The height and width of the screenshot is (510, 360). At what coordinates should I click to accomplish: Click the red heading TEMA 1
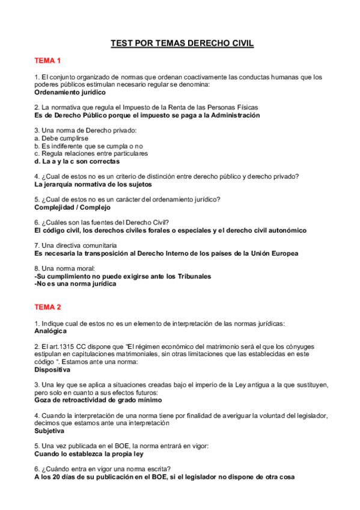47,61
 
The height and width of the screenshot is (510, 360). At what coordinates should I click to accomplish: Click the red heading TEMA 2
47,307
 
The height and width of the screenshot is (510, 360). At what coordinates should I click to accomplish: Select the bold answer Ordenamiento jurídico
70,93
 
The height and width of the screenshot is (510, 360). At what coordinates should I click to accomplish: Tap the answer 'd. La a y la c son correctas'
77,161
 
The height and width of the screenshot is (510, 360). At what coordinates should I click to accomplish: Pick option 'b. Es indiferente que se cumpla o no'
88,146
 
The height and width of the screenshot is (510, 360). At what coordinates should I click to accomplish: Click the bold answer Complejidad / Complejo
73,207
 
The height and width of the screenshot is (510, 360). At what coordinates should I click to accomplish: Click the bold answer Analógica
50,331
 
